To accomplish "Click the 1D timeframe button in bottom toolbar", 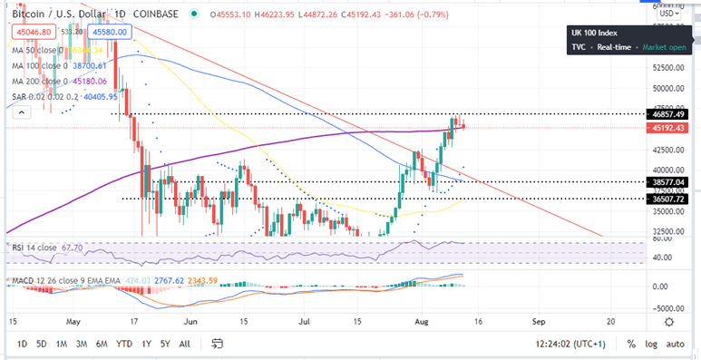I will [22, 344].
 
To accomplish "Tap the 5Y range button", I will [164, 344].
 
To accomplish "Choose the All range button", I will [185, 344].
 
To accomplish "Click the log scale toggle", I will [650, 344].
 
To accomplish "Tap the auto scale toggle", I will [676, 344].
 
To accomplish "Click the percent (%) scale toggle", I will [630, 344].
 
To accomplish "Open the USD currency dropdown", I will [668, 14].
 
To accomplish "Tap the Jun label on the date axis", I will [190, 321].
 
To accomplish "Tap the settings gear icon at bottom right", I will [668, 321].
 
